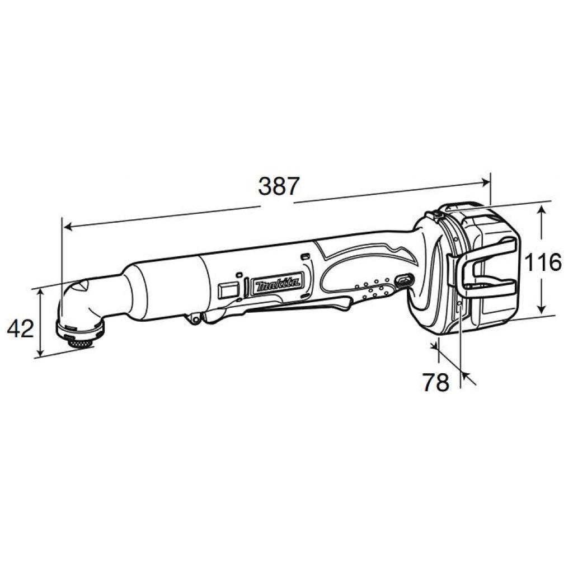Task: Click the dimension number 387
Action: (x=279, y=186)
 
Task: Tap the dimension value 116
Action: (x=543, y=262)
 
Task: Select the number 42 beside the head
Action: (x=21, y=328)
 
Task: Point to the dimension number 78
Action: (x=435, y=383)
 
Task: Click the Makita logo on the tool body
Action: (x=275, y=285)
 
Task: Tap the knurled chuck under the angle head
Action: (x=78, y=340)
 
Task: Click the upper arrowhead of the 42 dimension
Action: (x=41, y=293)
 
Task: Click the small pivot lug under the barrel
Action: (x=195, y=318)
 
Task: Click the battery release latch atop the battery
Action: (x=436, y=213)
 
